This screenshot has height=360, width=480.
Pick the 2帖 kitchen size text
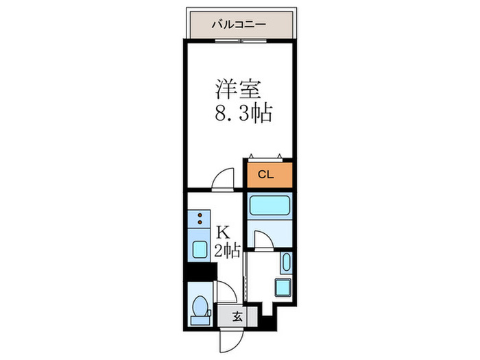pyautogui.click(x=226, y=251)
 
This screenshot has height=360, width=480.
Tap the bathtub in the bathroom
pyautogui.click(x=269, y=207)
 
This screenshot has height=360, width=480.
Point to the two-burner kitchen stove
pyautogui.click(x=200, y=220)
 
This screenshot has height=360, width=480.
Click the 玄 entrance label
pyautogui.click(x=237, y=317)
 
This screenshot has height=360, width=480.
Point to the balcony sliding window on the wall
pyautogui.click(x=239, y=40)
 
